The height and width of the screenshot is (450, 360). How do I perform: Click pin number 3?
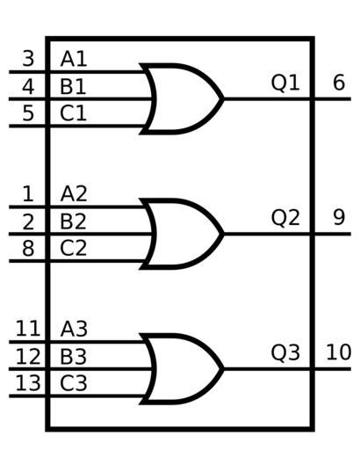pyautogui.click(x=28, y=59)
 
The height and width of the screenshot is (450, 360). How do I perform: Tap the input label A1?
pyautogui.click(x=74, y=59)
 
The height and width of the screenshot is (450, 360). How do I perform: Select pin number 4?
pyautogui.click(x=28, y=86)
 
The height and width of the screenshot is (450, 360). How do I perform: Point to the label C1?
pyautogui.click(x=73, y=113)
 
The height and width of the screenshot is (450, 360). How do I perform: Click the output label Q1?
pyautogui.click(x=285, y=83)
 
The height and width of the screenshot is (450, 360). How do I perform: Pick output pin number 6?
pyautogui.click(x=339, y=83)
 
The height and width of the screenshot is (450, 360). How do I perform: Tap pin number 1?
pyautogui.click(x=28, y=193)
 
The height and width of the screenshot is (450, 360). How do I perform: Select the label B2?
pyautogui.click(x=73, y=221)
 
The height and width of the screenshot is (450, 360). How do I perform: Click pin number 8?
pyautogui.click(x=28, y=249)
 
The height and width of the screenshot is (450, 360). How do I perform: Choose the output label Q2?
pyautogui.click(x=285, y=218)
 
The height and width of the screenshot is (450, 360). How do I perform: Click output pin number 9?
pyautogui.click(x=339, y=217)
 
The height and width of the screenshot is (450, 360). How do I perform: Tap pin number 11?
pyautogui.click(x=28, y=329)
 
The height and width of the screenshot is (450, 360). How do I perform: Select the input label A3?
pyautogui.click(x=74, y=329)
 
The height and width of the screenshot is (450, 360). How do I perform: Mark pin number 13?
pyautogui.click(x=28, y=383)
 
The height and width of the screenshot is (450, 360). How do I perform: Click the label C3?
pyautogui.click(x=74, y=383)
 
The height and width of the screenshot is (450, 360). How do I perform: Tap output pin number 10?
pyautogui.click(x=339, y=352)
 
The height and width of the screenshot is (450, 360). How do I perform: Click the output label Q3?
pyautogui.click(x=285, y=352)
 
